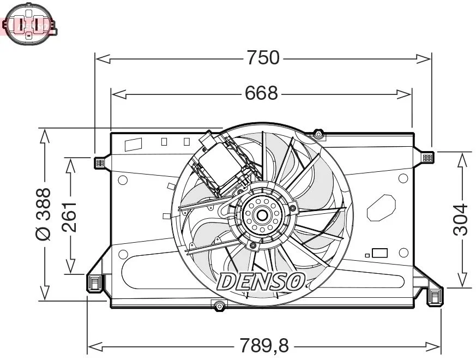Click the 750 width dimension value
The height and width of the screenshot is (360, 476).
pyautogui.click(x=263, y=57)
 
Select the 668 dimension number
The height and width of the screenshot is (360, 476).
pyautogui.click(x=261, y=94)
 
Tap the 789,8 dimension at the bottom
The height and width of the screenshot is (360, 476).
pyautogui.click(x=264, y=345)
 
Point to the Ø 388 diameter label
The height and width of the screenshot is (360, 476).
pyautogui.click(x=43, y=214)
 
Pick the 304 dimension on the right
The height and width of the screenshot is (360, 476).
pyautogui.click(x=461, y=219)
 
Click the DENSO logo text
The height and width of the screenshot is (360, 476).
pyautogui.click(x=261, y=281)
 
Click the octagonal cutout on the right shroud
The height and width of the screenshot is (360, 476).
pyautogui.click(x=383, y=207)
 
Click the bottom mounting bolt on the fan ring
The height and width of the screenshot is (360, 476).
pyautogui.click(x=219, y=306)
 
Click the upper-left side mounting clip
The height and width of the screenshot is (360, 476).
pyautogui.click(x=99, y=163)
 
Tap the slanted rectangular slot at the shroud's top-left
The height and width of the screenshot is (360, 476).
pyautogui.click(x=134, y=145)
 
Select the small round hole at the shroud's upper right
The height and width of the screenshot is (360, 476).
pyautogui.click(x=403, y=178)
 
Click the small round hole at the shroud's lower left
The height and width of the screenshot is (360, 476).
pyautogui.click(x=123, y=254)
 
